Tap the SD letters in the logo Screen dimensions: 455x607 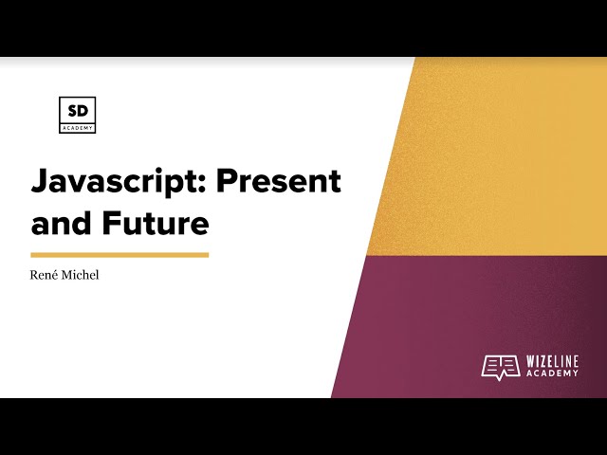[x=77, y=109]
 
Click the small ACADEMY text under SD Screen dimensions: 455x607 [x=77, y=125]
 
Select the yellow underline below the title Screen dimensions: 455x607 [x=120, y=254]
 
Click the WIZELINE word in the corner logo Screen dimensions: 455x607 [x=552, y=361]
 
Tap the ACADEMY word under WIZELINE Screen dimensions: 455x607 [x=552, y=373]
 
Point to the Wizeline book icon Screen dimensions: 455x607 [x=500, y=367]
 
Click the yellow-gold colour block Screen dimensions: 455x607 [x=503, y=152]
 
